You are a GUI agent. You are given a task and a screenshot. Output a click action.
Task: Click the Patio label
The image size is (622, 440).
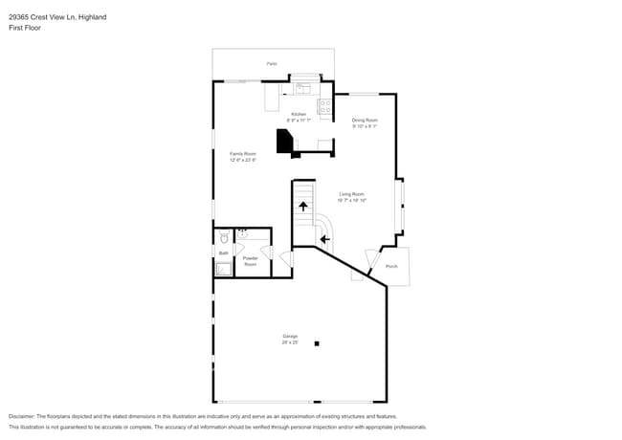pos(272,64)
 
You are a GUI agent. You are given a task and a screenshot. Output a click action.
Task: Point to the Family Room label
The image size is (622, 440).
pos(243,157)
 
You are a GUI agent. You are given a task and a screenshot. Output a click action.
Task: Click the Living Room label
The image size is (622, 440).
pos(351,197)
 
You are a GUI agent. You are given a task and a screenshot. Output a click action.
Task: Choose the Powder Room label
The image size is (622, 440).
pos(251,260)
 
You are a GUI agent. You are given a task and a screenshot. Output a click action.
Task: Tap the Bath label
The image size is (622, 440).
pos(223,253)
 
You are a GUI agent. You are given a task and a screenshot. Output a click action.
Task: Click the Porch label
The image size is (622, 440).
pos(390,266)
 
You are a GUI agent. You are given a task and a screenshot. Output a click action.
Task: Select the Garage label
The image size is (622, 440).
pos(290,338)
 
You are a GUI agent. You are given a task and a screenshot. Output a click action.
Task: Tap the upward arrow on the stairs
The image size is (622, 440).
pos(303,206)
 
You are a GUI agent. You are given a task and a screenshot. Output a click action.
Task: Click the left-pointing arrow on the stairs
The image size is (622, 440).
pos(324,239)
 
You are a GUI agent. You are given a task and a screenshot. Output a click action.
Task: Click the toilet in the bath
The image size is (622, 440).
pos(223,237)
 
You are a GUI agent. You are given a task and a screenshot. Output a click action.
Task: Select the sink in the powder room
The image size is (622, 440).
pos(242,232)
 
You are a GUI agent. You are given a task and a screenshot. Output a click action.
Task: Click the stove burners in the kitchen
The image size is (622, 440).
pos(325,107)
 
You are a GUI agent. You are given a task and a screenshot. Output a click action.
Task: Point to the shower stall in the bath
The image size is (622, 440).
pos(223,269)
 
